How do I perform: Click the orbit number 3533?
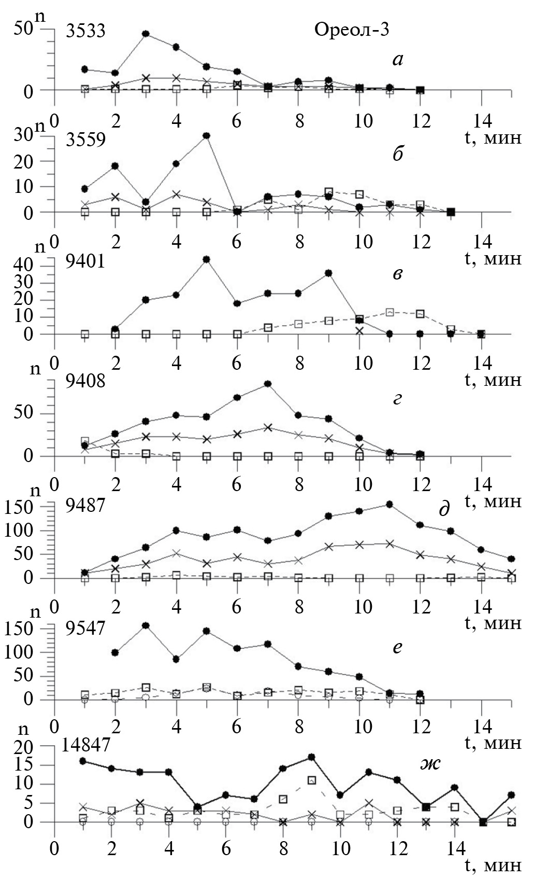tap(85, 31)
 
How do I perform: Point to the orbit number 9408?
tap(85, 382)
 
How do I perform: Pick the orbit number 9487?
tap(85, 505)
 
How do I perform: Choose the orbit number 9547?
tap(85, 627)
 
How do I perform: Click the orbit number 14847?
tap(86, 745)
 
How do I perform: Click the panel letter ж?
tap(430, 763)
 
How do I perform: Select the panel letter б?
tap(398, 155)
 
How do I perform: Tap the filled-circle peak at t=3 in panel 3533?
tap(146, 34)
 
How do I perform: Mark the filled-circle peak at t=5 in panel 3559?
tap(206, 136)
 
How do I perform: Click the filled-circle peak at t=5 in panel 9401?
tap(206, 259)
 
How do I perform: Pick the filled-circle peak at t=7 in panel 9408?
tap(268, 384)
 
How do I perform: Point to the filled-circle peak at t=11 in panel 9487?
tap(389, 504)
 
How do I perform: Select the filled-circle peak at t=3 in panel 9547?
tap(146, 625)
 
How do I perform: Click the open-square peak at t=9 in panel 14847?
tap(312, 780)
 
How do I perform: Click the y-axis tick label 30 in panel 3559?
tap(24, 136)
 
